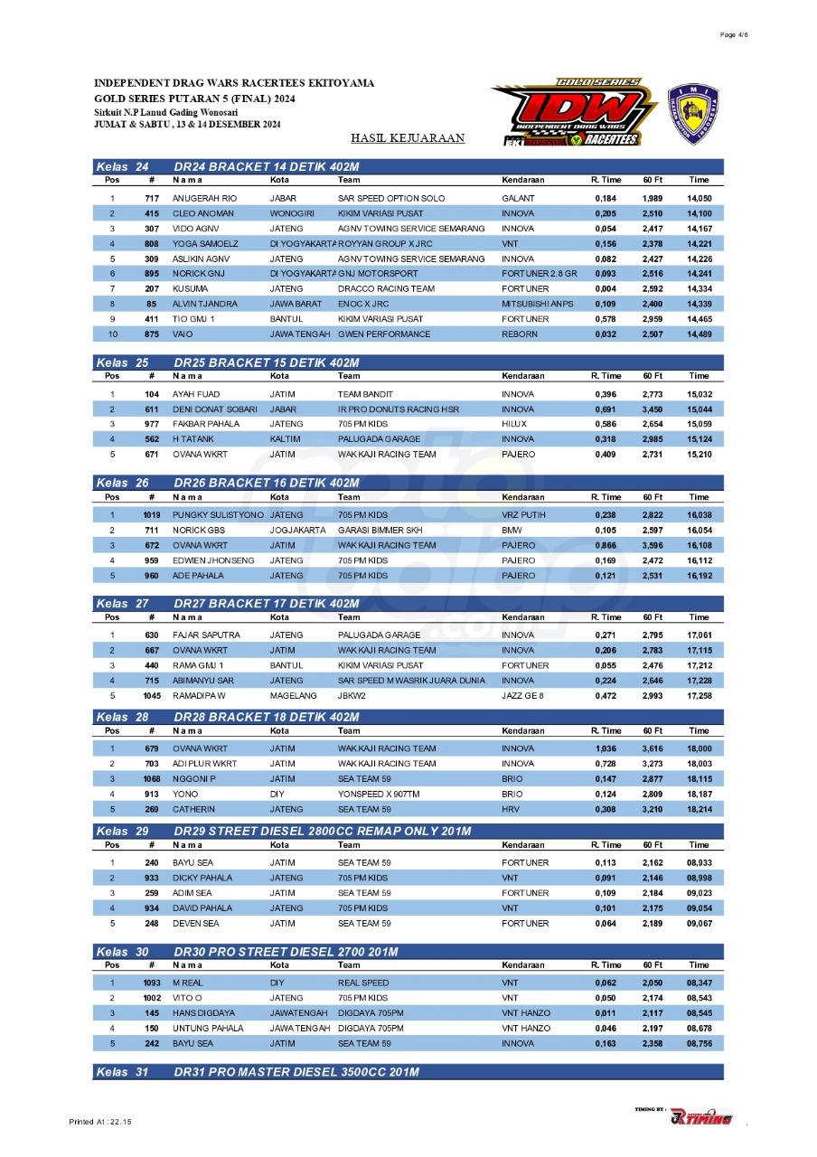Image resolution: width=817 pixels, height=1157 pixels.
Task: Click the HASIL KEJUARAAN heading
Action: coord(408,138)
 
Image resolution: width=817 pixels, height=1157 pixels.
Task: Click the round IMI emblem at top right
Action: coord(692,112)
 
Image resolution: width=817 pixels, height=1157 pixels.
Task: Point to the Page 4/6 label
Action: coord(734,34)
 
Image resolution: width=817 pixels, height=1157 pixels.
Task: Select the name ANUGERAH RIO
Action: coord(204,198)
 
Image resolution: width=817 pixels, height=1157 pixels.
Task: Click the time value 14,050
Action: coord(699,198)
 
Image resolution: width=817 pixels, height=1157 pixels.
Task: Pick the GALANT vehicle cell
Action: coord(518,198)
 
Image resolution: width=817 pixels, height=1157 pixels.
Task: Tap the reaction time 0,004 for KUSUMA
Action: coord(606,288)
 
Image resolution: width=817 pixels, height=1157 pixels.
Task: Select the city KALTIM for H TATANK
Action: coord(283,439)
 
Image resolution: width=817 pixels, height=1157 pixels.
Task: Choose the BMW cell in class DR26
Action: coord(512,530)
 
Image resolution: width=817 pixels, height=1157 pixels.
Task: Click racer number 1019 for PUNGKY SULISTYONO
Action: coord(151,514)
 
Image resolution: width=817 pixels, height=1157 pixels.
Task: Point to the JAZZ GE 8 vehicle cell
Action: coord(524,696)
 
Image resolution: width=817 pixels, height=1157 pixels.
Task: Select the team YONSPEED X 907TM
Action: coord(379,794)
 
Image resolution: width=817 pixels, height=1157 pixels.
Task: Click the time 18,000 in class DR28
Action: coord(699,748)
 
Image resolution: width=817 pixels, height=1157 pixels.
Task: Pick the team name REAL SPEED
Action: coord(363,983)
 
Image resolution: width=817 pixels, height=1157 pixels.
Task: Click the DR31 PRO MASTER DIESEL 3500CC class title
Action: coord(296,1072)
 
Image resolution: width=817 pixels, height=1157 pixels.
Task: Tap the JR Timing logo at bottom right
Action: coord(700,1117)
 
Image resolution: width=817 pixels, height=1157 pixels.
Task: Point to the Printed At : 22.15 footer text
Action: coord(100,1122)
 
